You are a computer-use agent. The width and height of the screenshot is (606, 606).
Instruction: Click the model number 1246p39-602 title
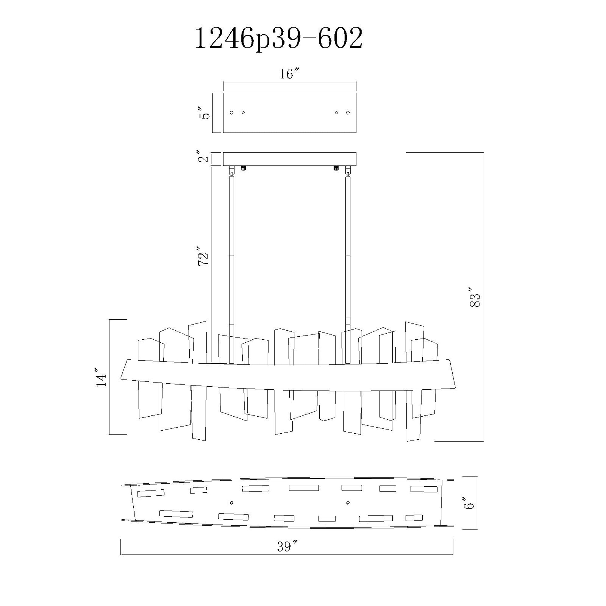pos(278,39)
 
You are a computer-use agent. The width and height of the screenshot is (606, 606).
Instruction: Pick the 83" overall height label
pos(475,296)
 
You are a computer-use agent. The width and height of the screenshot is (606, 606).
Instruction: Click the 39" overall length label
pos(287,547)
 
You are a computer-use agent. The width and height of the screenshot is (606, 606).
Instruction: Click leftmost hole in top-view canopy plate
pos(232,113)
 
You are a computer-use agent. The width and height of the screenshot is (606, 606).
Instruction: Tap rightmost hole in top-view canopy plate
pos(348,113)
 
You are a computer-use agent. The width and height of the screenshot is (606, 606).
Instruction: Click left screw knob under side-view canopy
pos(243,168)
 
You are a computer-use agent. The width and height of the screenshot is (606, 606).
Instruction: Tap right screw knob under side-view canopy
pos(336,168)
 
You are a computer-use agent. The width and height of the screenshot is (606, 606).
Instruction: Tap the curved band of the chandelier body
pos(288,378)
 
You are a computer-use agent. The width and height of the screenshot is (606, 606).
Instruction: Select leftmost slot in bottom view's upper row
pos(151,493)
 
